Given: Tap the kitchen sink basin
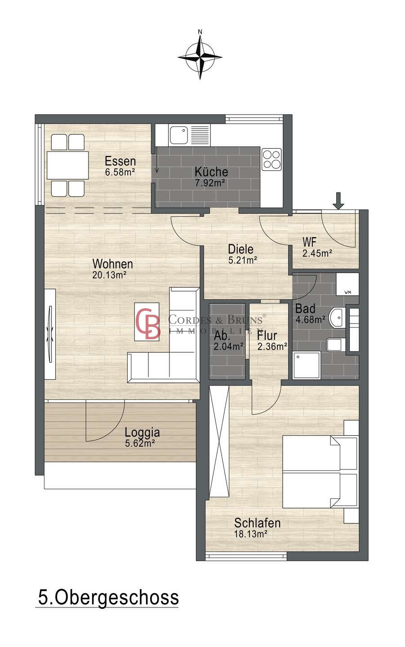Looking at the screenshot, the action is [x=179, y=135].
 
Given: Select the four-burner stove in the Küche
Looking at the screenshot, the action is [x=271, y=160].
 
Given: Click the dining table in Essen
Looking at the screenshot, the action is [x=67, y=165].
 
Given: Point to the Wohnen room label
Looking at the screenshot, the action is [x=113, y=264].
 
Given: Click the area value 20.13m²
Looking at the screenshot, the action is [x=109, y=275].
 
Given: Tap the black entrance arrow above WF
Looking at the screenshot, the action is [x=338, y=200].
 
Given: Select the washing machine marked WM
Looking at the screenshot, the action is [x=347, y=284].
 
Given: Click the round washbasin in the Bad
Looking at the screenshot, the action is [x=338, y=318].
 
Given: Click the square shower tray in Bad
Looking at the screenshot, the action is [x=307, y=365].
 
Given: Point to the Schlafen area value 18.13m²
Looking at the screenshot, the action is [x=250, y=534].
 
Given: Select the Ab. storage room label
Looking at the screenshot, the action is [x=222, y=336].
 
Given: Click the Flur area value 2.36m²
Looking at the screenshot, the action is [x=272, y=346].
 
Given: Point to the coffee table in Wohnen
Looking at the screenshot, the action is [x=147, y=322].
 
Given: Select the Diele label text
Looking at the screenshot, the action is [x=240, y=249].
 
